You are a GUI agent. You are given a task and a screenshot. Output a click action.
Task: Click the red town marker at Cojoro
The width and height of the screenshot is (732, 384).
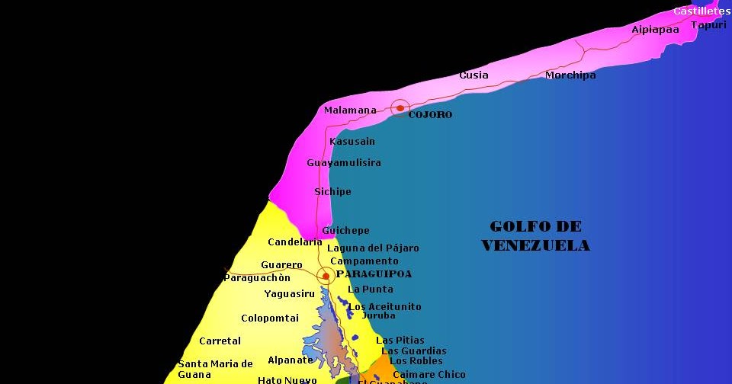click(400, 108)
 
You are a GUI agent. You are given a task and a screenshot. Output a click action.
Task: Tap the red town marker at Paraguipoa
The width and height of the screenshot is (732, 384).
click(326, 276)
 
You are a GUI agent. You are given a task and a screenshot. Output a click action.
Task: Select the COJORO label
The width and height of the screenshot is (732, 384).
click(430, 115)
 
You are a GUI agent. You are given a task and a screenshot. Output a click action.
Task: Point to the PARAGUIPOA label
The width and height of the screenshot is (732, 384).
click(374, 274)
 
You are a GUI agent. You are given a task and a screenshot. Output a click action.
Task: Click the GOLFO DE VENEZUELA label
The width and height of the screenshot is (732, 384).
click(536, 236)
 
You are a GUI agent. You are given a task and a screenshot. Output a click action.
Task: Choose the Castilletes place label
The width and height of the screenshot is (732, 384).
click(701, 11)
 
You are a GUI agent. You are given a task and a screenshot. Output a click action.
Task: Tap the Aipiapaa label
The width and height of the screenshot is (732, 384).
click(655, 30)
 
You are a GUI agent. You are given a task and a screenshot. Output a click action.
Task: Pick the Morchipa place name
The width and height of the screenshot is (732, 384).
click(570, 75)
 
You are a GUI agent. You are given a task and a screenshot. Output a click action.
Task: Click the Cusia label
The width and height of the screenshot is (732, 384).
click(474, 75)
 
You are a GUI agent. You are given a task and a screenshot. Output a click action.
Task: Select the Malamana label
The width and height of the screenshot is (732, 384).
click(350, 110)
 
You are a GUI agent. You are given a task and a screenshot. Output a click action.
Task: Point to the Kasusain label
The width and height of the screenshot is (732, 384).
click(352, 142)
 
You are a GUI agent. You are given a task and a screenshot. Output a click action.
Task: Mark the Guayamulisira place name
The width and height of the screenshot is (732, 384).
click(344, 163)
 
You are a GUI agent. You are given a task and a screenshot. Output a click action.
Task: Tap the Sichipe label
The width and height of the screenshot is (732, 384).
click(333, 192)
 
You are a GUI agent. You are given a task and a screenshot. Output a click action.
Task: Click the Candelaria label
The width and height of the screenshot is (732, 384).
click(295, 242)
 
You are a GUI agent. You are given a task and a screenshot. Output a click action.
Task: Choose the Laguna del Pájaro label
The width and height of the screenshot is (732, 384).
click(373, 248)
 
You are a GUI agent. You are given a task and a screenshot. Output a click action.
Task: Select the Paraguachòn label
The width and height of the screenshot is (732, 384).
click(257, 278)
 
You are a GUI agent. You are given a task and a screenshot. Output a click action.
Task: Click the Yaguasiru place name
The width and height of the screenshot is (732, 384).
click(290, 294)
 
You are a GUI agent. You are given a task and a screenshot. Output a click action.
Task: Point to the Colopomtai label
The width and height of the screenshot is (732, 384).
click(270, 318)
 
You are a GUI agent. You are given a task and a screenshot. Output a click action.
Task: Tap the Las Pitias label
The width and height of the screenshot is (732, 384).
click(400, 341)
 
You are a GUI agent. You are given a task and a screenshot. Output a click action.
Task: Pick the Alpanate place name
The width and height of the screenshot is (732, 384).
click(291, 360)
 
